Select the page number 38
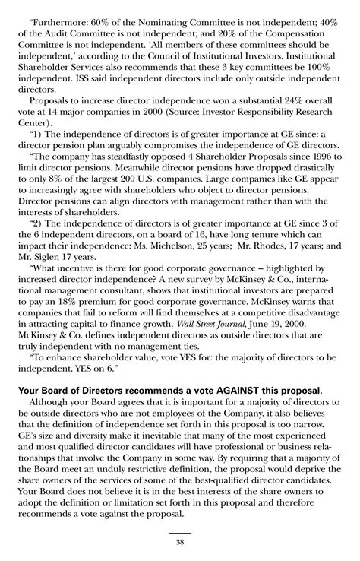pos(179,541)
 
